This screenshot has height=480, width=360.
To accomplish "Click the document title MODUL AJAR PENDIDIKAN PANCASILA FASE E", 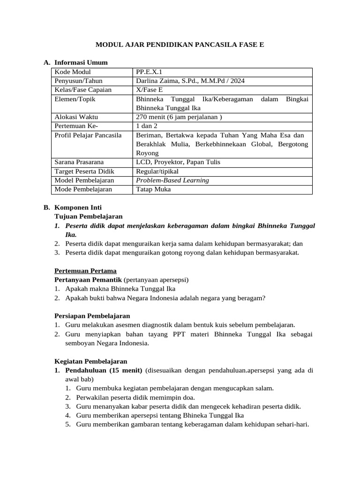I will (180, 45).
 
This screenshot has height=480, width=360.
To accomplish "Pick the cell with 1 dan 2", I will (147, 126).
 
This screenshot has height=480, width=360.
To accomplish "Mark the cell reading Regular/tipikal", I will (157, 171).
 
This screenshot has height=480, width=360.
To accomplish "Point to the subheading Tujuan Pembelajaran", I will (89, 216).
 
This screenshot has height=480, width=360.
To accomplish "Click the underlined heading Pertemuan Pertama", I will (86, 270).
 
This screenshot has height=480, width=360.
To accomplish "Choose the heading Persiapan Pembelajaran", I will (92, 315).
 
